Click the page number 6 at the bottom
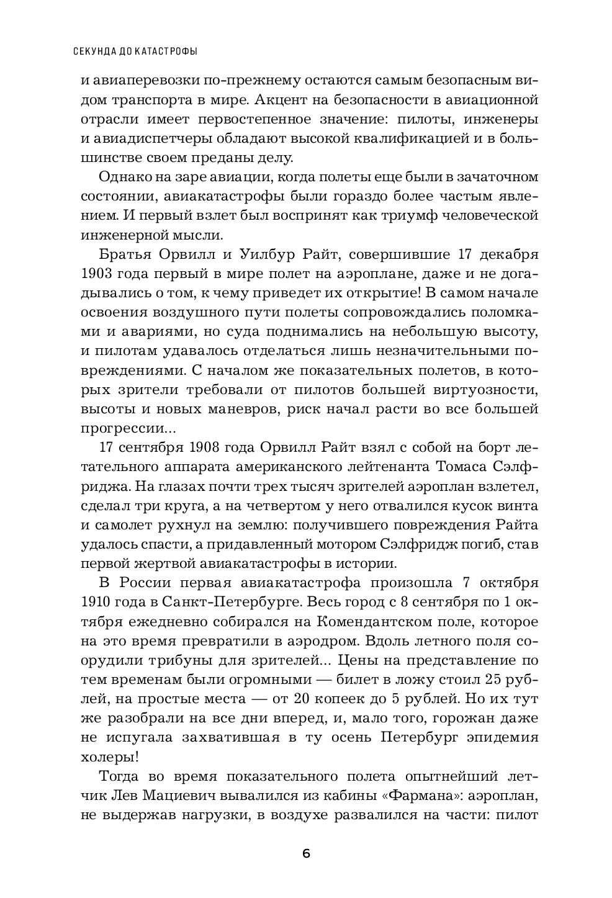[x=305, y=853]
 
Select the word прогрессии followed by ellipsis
[x=128, y=428]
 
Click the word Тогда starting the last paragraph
[x=120, y=776]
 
